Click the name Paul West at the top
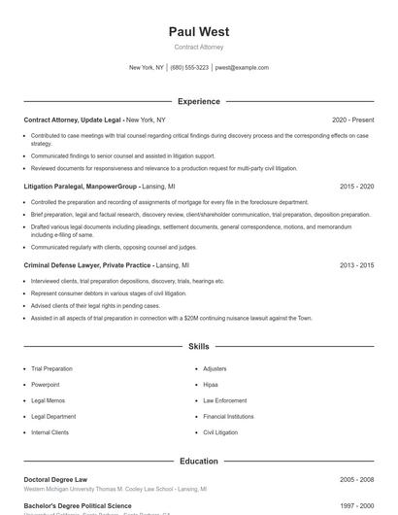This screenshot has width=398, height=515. [x=199, y=32]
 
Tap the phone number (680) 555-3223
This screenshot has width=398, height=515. [x=189, y=68]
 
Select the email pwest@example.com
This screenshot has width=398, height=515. [x=242, y=68]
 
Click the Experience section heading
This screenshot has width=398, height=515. [x=199, y=101]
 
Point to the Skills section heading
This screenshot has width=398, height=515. [x=199, y=346]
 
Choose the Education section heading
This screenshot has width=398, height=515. [x=199, y=461]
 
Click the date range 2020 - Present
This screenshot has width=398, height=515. [x=352, y=120]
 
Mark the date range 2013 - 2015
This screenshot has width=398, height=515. [x=356, y=264]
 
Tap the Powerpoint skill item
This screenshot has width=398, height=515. [x=46, y=385]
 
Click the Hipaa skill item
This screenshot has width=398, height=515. [x=211, y=385]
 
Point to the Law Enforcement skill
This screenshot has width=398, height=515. [x=224, y=400]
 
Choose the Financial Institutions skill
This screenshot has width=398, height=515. [x=228, y=416]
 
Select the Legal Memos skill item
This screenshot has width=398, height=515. [x=48, y=400]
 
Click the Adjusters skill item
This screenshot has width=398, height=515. [x=215, y=369]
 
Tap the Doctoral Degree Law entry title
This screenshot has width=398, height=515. [x=55, y=479]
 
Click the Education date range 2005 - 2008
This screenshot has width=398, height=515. [x=356, y=479]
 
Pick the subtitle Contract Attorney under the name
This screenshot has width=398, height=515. [x=199, y=47]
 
